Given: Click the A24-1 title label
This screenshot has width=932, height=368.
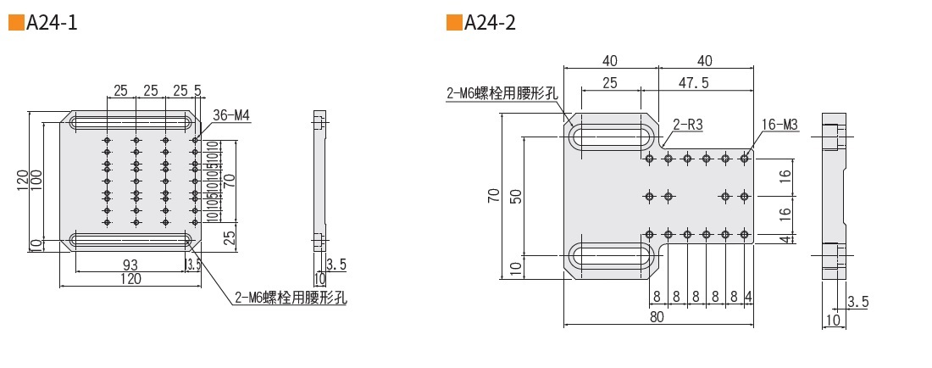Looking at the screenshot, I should (x=53, y=23).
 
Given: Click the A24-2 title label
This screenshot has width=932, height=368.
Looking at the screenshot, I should (x=491, y=23).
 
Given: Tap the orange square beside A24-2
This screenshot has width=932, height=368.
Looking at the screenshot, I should (x=454, y=23).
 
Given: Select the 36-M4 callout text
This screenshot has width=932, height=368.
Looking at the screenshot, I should (x=232, y=115).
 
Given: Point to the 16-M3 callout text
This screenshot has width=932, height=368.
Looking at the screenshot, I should (x=779, y=125).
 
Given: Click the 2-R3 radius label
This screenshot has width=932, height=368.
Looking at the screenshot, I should (x=688, y=125).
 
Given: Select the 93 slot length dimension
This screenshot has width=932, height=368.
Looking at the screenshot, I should (x=130, y=265).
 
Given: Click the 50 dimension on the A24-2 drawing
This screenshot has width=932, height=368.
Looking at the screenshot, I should (x=516, y=197).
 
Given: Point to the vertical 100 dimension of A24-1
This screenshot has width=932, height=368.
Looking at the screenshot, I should (x=36, y=180).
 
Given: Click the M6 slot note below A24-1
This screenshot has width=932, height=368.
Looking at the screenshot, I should (x=291, y=297).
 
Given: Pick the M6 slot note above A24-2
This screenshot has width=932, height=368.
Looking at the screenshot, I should (x=502, y=93).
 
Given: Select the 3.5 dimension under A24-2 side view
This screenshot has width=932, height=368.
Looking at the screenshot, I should (x=857, y=301).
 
